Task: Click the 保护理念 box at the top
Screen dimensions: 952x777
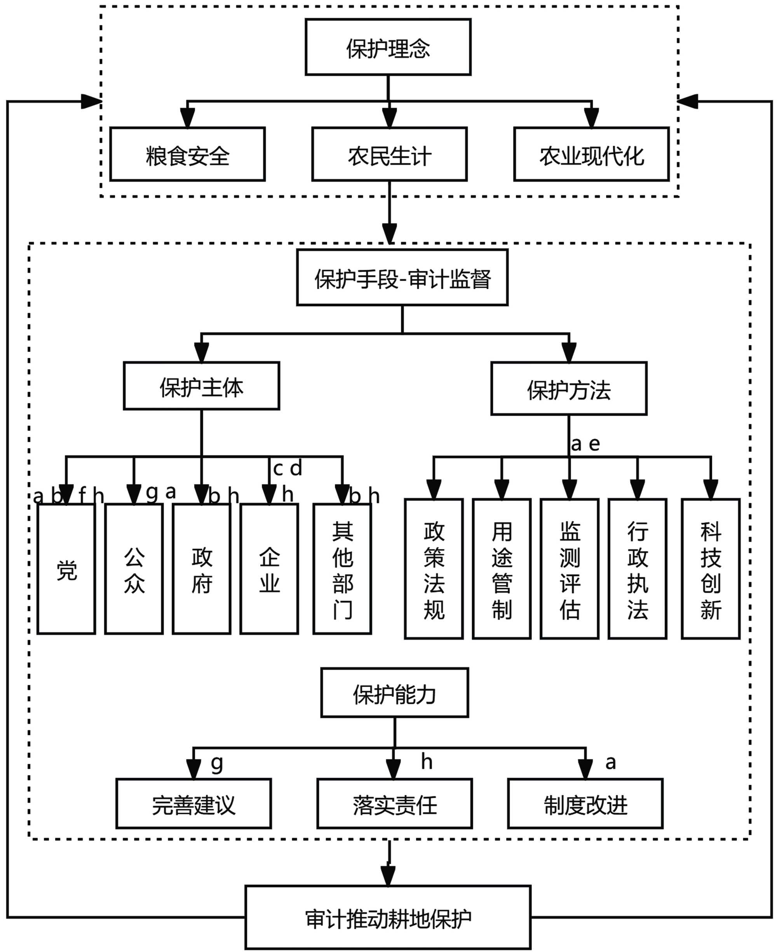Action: click(x=388, y=47)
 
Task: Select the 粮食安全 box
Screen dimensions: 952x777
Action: click(x=188, y=154)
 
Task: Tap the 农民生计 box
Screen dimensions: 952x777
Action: click(x=389, y=154)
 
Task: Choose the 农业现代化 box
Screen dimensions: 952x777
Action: click(x=591, y=154)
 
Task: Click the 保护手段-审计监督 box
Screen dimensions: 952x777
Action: click(x=402, y=277)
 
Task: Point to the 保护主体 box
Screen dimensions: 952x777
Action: click(x=201, y=386)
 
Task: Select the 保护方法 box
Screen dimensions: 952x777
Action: click(x=568, y=389)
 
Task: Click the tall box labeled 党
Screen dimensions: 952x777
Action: click(x=66, y=569)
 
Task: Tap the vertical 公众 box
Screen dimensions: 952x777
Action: click(x=134, y=569)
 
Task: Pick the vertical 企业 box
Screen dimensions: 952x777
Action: click(x=269, y=569)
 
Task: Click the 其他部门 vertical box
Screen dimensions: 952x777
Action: click(x=342, y=569)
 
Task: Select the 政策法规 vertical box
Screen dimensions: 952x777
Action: click(x=434, y=569)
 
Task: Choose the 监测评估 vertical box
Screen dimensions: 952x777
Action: click(x=569, y=569)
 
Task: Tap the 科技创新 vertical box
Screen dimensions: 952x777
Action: click(x=710, y=569)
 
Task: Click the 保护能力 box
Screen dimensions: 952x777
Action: click(x=394, y=693)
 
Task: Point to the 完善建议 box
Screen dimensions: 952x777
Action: click(x=193, y=804)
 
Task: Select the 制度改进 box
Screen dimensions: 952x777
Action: click(x=585, y=804)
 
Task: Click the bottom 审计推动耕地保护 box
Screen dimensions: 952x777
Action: click(x=388, y=917)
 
